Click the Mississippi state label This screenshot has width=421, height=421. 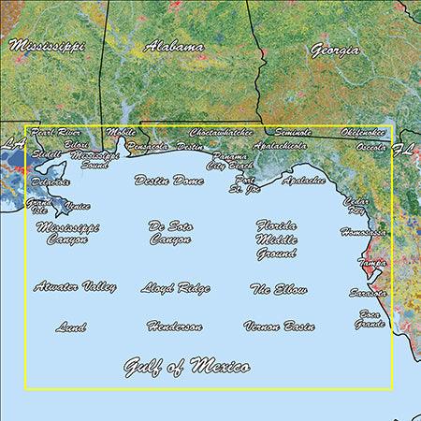[47, 45]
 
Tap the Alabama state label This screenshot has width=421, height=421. [174, 46]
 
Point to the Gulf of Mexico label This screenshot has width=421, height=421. [187, 366]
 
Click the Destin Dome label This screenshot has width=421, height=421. [168, 180]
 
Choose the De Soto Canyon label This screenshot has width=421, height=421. [169, 232]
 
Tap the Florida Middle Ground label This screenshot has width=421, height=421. [277, 239]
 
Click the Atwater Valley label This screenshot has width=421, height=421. [75, 286]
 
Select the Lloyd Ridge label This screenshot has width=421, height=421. [175, 288]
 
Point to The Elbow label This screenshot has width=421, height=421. [279, 290]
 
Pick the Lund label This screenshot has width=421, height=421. [71, 327]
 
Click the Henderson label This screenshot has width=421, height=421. [174, 327]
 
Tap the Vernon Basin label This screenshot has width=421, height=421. [279, 327]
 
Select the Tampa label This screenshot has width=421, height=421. [372, 264]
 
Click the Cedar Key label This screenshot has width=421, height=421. [356, 204]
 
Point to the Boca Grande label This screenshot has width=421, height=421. [370, 319]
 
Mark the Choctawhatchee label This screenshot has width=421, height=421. [222, 133]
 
